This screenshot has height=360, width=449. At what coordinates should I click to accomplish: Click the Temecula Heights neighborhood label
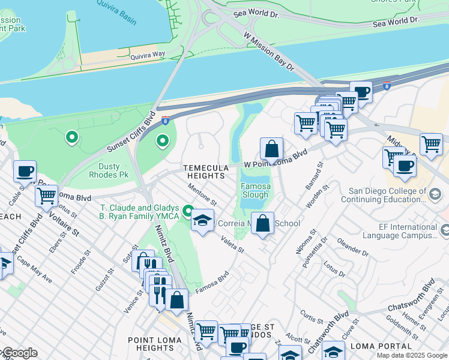pyautogui.click(x=206, y=171)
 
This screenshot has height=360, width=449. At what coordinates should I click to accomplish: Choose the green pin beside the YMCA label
pyautogui.click(x=188, y=211)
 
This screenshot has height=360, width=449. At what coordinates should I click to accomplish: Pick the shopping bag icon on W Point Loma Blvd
pyautogui.click(x=271, y=148)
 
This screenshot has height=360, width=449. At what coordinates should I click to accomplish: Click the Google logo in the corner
pyautogui.click(x=19, y=353)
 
